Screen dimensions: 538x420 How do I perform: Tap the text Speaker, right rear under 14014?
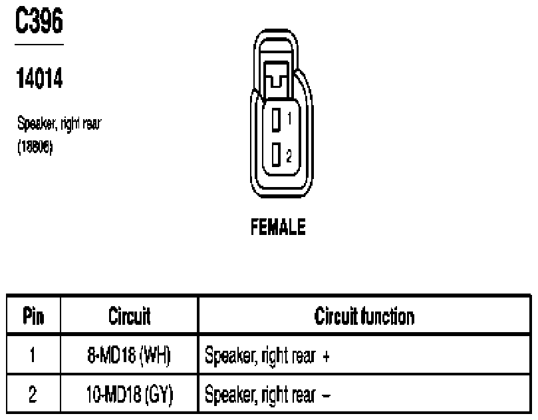point(59,124)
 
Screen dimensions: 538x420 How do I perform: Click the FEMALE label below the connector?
point(278,228)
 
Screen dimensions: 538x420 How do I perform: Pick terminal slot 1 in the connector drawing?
point(276,120)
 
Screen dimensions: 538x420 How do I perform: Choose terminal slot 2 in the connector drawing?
point(276,155)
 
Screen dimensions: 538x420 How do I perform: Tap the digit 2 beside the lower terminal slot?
point(289,156)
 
